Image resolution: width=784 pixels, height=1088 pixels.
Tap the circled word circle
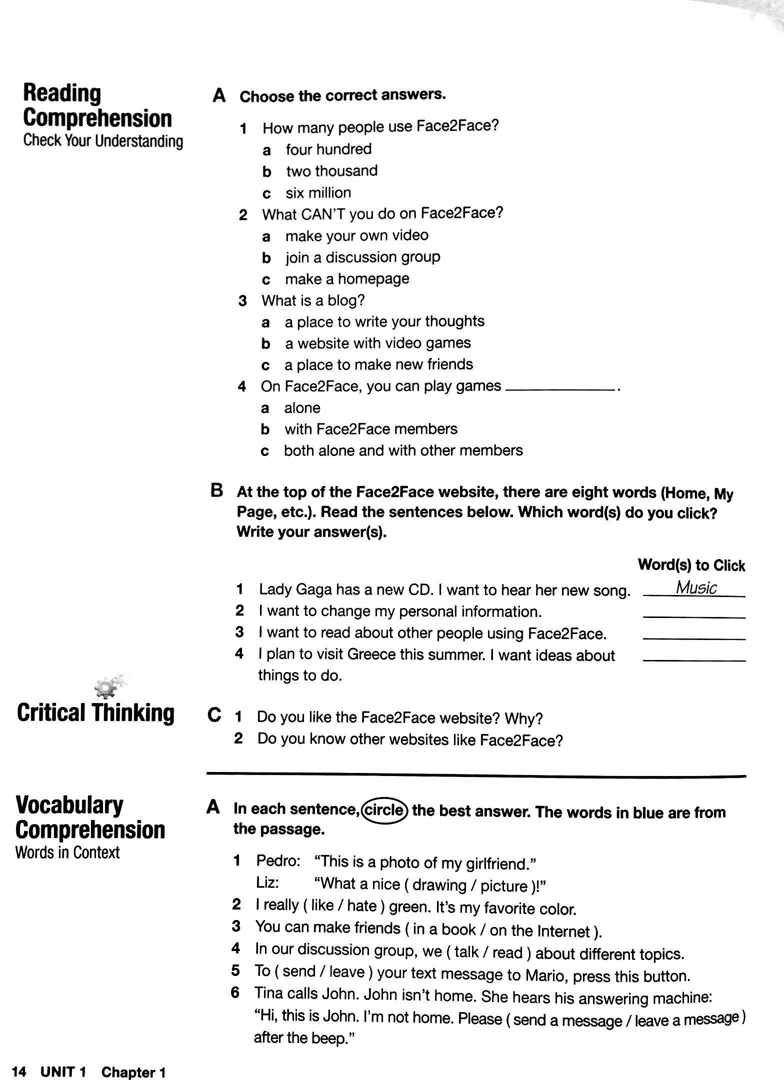(384, 809)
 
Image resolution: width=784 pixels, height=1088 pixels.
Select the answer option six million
(318, 193)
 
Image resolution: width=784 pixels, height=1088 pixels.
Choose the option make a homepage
(347, 279)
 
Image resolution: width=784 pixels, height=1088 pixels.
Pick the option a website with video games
(377, 343)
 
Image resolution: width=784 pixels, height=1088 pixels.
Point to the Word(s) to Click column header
(691, 565)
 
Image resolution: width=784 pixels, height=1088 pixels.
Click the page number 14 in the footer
(19, 1072)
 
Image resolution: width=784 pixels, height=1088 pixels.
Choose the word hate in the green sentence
(361, 905)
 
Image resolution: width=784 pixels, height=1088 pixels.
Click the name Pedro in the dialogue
(278, 861)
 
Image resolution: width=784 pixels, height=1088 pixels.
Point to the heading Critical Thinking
(95, 713)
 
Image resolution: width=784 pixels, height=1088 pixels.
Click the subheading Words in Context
(67, 852)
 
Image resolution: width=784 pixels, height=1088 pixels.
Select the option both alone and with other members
(403, 451)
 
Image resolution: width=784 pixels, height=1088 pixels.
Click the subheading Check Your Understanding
(103, 141)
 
